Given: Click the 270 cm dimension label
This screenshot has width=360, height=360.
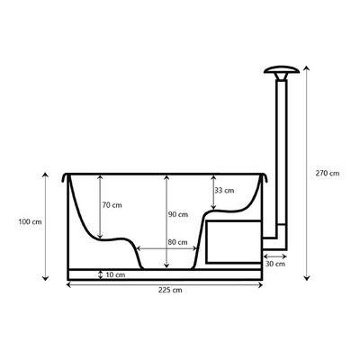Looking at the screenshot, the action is pos(328,174).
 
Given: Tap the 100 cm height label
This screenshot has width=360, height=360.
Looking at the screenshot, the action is pos(30,222).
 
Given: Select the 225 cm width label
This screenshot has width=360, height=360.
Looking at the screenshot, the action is pos(170,290).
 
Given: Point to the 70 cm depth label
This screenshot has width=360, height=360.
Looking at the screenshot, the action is pos(112,205).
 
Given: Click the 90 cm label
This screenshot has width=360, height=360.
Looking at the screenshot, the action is pos(178,214).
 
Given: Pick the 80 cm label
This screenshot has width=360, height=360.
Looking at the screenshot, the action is pos(177,242).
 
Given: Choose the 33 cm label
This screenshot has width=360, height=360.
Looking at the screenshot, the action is pos(224,191).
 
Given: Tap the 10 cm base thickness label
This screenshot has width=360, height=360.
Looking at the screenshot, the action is pos(115,274).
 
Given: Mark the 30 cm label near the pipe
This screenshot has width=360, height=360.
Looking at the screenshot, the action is pos(275,264).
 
